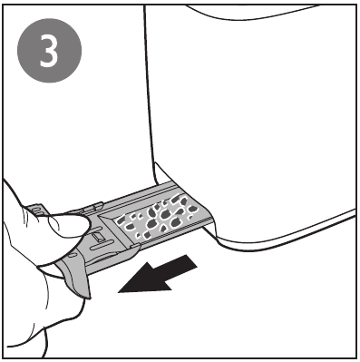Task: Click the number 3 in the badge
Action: pos(49,50)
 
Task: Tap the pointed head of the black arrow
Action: pos(119,292)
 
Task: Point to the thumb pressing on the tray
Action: pos(69,224)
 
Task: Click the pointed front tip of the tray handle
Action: pos(89,298)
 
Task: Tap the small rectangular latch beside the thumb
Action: pos(97,237)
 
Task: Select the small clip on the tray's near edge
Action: pos(134,246)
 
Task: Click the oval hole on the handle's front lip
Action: pos(72,256)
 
